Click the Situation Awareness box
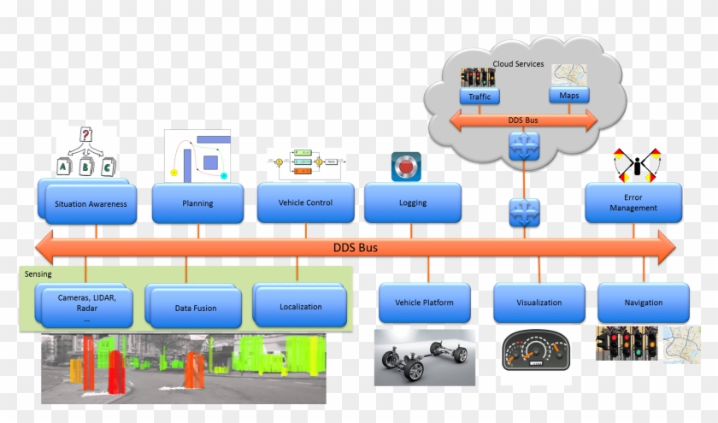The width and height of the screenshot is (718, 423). pos(91,203)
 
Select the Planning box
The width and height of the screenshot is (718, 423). pos(197,203)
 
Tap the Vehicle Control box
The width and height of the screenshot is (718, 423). pos(305,203)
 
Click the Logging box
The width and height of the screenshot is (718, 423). pos(412,203)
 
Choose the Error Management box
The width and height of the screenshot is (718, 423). pos(633,203)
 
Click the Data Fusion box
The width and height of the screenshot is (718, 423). pos(195,308)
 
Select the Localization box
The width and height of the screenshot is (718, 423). pos(301,307)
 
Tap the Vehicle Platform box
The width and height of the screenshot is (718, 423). pos(424,303)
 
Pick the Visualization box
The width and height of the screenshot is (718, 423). pos(538,303)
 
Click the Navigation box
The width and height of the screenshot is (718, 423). pos(643,303)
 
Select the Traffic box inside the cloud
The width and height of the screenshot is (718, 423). pos(480,97)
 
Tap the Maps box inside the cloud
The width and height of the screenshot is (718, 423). pos(569,95)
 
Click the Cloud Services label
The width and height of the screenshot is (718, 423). pos(518,64)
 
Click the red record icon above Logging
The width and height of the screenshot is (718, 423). pos(407,166)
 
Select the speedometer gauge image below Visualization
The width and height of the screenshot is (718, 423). pos(536,350)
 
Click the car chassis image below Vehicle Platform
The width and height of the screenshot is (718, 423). pos(425,357)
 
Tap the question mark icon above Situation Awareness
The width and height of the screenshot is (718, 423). pos(85,135)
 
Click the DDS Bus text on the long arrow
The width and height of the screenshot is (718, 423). pos(355,248)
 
